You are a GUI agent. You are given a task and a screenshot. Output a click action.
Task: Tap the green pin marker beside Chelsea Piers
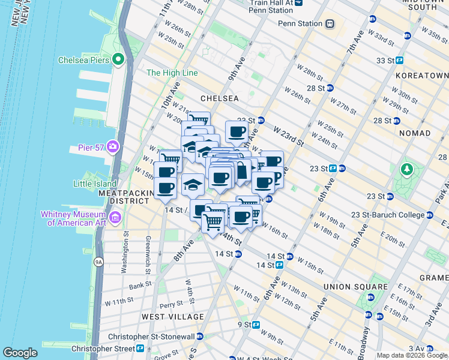[118, 59]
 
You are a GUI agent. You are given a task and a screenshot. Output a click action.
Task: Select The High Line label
[172, 73]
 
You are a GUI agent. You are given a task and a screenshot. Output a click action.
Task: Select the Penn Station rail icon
[330, 24]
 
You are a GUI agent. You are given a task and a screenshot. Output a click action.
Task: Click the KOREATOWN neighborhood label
[422, 76]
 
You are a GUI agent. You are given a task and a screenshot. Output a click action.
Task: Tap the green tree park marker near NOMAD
[408, 169]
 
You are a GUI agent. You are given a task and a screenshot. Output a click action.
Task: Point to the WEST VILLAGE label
[173, 316]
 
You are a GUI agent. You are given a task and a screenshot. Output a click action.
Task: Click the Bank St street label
[140, 286]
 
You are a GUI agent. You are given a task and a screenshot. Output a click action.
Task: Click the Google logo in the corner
[20, 353]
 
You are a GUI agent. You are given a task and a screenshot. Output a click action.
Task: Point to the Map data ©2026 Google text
[412, 355]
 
